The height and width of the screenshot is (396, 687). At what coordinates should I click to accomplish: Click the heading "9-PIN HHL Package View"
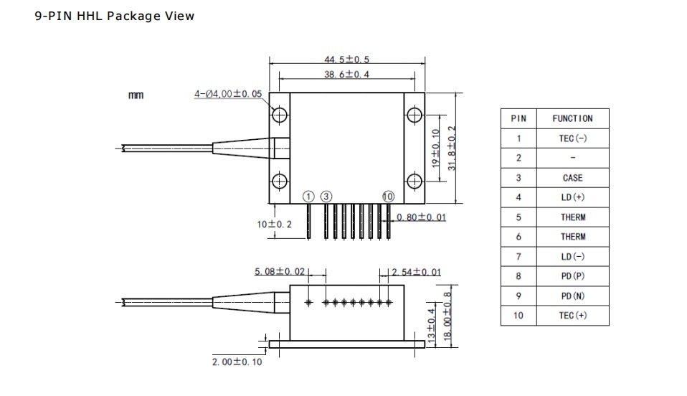[114, 16]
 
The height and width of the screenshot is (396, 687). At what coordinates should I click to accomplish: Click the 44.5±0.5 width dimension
[346, 60]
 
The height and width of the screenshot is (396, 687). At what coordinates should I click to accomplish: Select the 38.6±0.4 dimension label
[346, 75]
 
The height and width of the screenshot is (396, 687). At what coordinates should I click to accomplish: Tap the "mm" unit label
[136, 95]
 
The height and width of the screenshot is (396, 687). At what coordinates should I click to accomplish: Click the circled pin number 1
[308, 196]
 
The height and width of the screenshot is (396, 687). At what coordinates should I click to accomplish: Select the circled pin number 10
[389, 196]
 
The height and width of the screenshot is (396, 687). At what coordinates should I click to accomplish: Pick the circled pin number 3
[326, 196]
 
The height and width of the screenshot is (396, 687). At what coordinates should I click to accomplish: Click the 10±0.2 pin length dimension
[275, 225]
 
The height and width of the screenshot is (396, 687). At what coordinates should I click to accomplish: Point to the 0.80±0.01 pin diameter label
[421, 217]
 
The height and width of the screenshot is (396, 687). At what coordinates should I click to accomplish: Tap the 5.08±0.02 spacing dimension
[280, 272]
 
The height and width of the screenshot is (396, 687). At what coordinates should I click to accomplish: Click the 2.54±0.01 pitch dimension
[416, 272]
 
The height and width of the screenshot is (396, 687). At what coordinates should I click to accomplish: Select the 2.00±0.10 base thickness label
[237, 362]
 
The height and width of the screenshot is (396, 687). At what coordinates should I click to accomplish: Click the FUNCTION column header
[572, 118]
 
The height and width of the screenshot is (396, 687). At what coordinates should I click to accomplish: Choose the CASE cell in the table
[572, 178]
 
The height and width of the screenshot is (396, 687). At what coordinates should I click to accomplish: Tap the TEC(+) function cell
[572, 316]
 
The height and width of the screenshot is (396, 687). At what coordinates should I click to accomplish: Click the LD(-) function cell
[572, 256]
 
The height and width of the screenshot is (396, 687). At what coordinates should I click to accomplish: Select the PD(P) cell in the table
[572, 276]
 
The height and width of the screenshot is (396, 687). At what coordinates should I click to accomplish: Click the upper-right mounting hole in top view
[414, 115]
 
